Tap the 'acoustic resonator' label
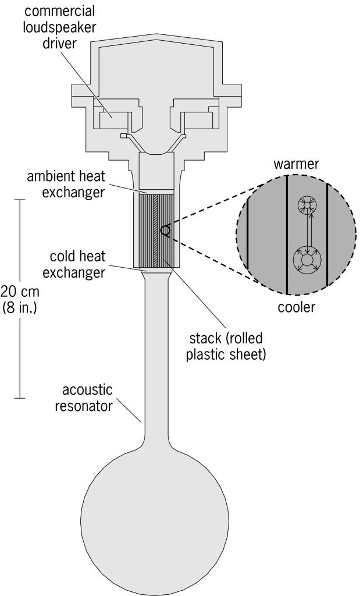(x=83, y=398)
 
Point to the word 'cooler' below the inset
(x=295, y=308)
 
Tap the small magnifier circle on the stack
(x=166, y=231)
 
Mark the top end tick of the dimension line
(x=20, y=200)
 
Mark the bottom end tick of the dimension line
(x=20, y=398)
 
